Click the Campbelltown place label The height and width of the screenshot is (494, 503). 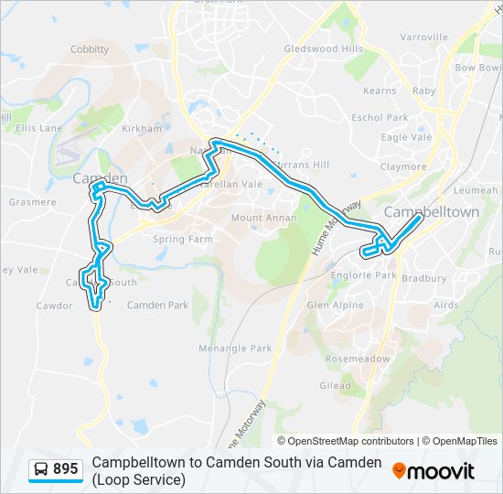(432, 211)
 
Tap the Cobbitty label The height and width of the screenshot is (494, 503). (90, 49)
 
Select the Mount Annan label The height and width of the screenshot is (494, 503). (263, 218)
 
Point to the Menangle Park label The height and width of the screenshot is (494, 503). (236, 349)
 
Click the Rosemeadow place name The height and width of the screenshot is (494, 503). (357, 359)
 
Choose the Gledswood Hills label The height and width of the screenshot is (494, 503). (324, 48)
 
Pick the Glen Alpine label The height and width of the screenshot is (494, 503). (335, 305)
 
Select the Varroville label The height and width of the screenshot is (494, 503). (423, 38)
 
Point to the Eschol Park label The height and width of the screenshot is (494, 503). (380, 117)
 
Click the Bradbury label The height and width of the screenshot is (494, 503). (424, 278)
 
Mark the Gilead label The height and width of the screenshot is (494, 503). (335, 386)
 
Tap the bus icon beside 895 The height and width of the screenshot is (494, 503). (41, 469)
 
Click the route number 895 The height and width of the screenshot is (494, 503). (65, 469)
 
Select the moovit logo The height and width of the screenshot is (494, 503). (433, 470)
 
